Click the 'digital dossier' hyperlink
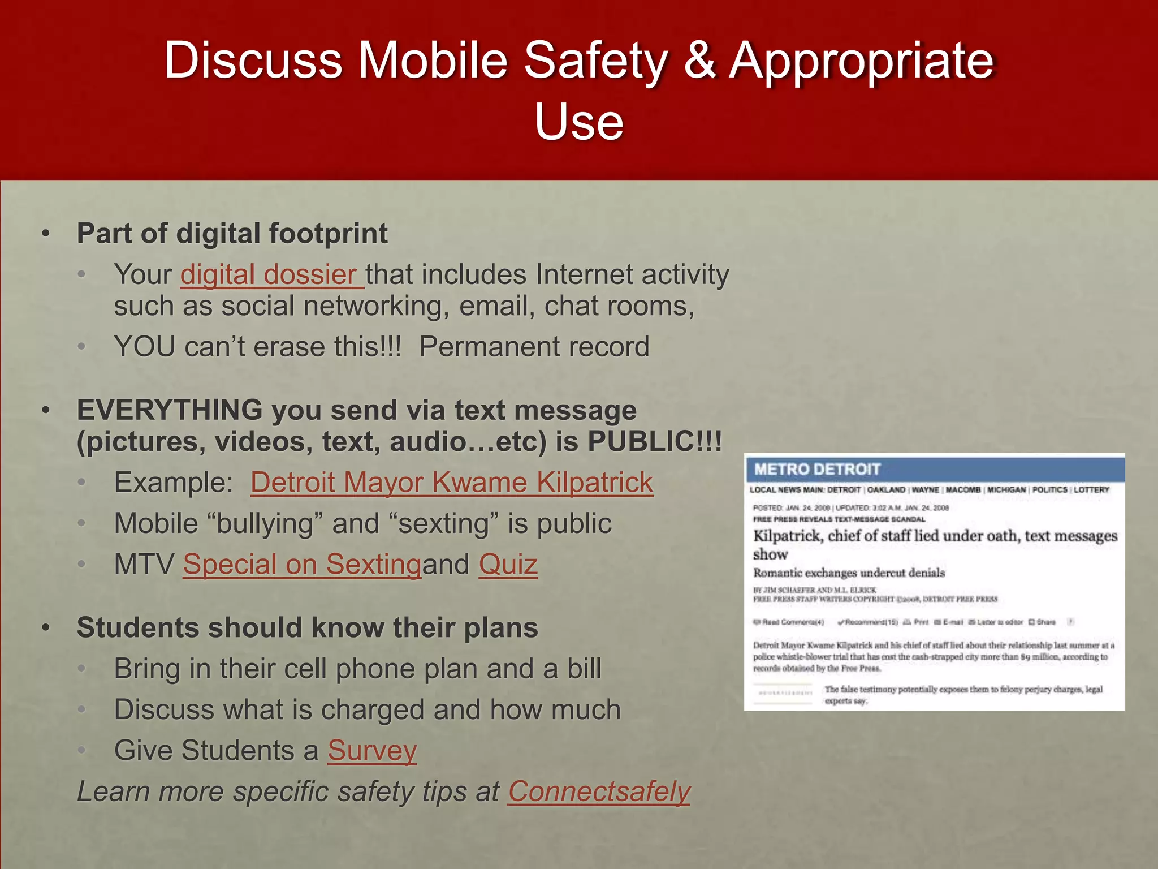click(271, 275)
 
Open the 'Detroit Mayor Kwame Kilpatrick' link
click(452, 483)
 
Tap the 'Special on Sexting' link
click(302, 565)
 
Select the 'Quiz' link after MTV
click(508, 565)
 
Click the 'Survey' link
click(372, 751)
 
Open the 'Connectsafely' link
click(599, 791)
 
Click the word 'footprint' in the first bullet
click(328, 234)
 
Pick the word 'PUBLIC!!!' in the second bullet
click(655, 442)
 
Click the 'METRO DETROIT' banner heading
click(817, 469)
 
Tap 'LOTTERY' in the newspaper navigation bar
click(1091, 490)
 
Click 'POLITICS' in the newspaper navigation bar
click(1049, 490)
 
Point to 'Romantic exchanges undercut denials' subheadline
click(849, 573)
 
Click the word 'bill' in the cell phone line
click(584, 669)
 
